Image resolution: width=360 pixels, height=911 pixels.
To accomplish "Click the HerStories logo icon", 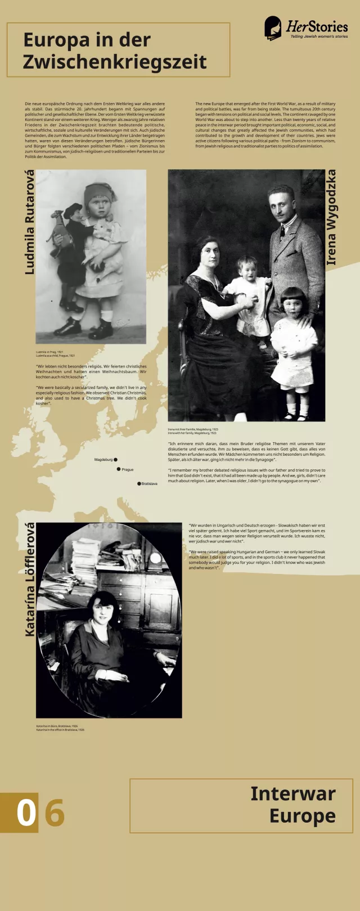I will click(x=273, y=28).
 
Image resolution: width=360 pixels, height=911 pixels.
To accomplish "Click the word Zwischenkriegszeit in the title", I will click(x=115, y=62).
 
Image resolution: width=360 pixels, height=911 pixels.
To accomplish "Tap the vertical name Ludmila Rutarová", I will click(x=29, y=222).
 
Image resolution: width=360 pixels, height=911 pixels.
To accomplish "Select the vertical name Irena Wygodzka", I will click(x=331, y=217).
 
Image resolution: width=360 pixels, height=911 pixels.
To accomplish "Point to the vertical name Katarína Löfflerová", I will click(x=30, y=580).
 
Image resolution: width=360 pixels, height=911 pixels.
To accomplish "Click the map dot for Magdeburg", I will click(x=116, y=460).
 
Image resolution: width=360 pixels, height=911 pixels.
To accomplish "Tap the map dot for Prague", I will click(x=119, y=469).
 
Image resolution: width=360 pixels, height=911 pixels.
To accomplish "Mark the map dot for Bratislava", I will click(x=139, y=483).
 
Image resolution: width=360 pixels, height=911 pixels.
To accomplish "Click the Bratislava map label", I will click(x=150, y=483).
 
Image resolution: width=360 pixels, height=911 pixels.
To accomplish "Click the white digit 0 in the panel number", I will click(x=25, y=813).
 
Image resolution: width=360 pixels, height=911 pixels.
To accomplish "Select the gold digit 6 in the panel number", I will click(x=55, y=813).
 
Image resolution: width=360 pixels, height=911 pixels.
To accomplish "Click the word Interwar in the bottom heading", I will click(x=292, y=793).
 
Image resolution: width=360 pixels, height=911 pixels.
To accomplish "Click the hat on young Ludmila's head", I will click(x=100, y=193).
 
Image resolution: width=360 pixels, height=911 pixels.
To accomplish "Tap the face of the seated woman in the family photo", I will click(x=206, y=255).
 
